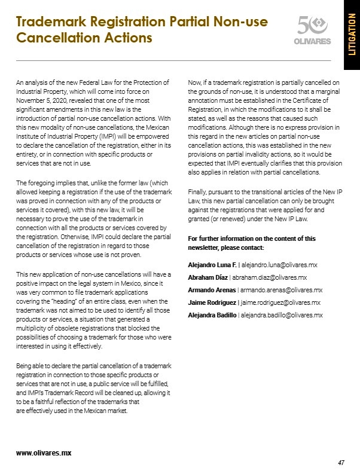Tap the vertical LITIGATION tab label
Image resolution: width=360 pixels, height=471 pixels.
pyautogui.click(x=351, y=35)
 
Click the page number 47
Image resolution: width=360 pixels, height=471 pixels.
pyautogui.click(x=341, y=463)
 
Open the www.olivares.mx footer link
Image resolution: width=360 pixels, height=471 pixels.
pyautogui.click(x=44, y=452)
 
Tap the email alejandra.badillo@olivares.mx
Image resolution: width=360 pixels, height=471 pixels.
pyautogui.click(x=281, y=315)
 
